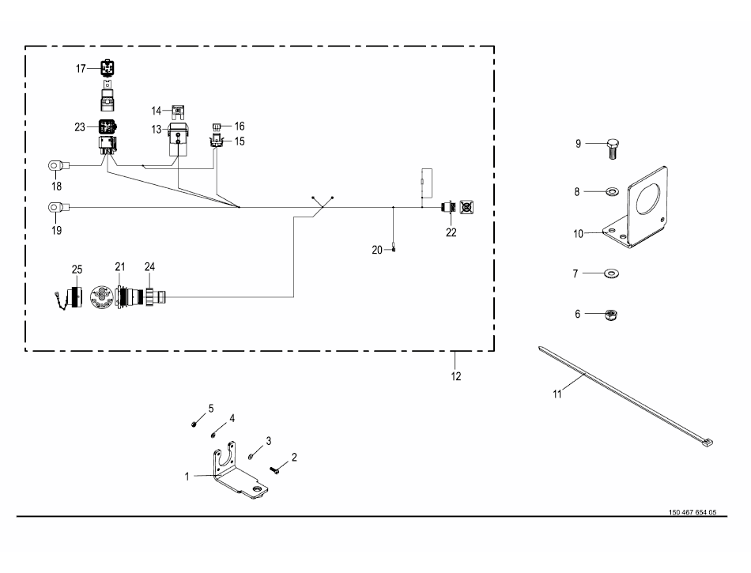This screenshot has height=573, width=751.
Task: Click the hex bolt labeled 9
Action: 613,149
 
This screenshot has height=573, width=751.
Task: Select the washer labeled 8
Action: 612,192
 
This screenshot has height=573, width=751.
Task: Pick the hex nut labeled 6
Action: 610,315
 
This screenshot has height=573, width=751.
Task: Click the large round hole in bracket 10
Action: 648,198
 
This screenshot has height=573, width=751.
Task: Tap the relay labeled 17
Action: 108,68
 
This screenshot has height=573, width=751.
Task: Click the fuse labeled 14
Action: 178,112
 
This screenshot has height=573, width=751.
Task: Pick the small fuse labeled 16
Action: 216,127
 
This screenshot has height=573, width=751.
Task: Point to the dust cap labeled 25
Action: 69,297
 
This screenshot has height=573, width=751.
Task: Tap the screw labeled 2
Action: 275,470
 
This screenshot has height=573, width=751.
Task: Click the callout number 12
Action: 456,376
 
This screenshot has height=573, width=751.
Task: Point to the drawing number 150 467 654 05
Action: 693,512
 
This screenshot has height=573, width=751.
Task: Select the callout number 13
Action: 157,130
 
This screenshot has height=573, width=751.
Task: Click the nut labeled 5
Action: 194,424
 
